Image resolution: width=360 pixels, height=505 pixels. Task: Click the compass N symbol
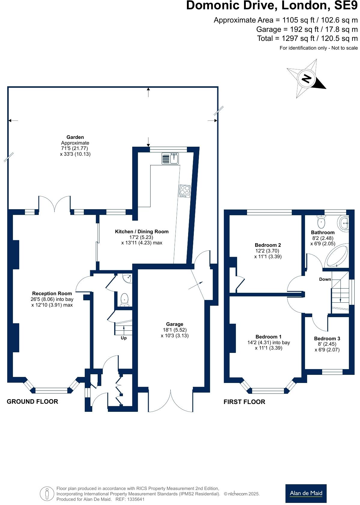[x=306, y=79]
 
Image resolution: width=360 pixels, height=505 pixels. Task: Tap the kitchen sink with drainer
[x=170, y=158]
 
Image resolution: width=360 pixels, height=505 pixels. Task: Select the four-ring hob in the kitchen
[x=185, y=191]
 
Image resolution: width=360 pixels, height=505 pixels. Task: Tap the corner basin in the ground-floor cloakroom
[x=128, y=278]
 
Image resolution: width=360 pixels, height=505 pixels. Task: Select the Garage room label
[x=175, y=324]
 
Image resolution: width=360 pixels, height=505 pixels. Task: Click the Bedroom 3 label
[x=327, y=338]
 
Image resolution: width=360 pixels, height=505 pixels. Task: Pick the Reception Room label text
[x=52, y=293]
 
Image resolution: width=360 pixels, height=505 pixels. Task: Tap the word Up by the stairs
[x=124, y=338]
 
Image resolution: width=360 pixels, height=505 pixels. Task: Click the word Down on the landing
[x=325, y=279]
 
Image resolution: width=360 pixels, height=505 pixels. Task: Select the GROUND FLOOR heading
[x=32, y=401]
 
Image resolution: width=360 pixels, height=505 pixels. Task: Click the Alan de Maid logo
[x=306, y=493]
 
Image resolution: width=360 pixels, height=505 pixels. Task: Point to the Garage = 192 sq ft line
[x=307, y=29]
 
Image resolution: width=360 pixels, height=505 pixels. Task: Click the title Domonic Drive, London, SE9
[x=272, y=6]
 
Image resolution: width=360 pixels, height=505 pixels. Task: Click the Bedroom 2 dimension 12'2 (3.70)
[x=268, y=251]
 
